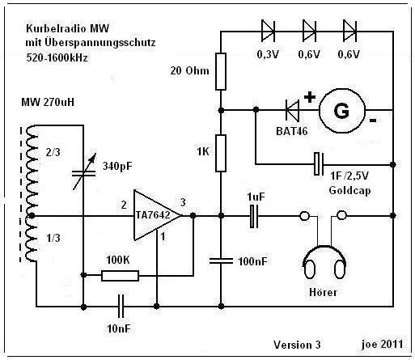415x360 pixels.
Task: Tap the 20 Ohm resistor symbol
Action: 221,71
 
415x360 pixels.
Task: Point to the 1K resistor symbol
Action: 221,153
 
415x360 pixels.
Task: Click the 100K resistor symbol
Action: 120,276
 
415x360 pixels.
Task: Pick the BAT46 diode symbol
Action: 292,110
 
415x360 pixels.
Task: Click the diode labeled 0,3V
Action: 268,32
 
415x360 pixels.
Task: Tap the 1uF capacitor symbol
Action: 254,216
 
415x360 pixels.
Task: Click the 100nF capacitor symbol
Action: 221,260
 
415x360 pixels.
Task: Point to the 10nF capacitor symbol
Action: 121,307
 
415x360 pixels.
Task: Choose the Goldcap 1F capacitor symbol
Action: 319,164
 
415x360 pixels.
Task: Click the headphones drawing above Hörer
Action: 324,260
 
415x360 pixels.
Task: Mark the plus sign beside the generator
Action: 310,97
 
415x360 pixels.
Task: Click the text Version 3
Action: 297,345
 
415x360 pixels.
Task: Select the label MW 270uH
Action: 48,102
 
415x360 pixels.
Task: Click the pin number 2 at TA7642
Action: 124,205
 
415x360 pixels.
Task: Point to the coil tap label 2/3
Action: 53,152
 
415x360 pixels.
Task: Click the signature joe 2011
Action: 383,345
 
